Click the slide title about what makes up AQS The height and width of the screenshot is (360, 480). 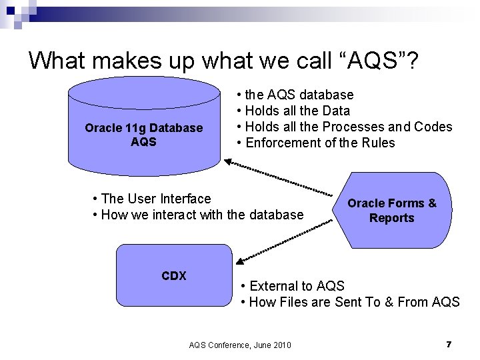click(223, 61)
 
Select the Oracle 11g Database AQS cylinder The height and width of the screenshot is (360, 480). click(144, 133)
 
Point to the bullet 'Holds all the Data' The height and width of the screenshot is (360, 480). click(294, 111)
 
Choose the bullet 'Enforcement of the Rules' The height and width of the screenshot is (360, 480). click(317, 143)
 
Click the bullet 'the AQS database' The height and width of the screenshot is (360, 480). click(296, 95)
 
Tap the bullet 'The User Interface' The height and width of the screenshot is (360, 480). click(153, 199)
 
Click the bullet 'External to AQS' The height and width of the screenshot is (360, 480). click(293, 286)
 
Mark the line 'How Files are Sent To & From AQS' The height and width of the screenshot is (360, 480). click(350, 302)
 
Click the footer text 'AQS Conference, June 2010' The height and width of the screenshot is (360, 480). click(240, 345)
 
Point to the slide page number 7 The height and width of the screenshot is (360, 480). click(449, 344)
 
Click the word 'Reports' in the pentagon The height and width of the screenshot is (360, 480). click(392, 218)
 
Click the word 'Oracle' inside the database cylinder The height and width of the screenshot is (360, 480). click(102, 127)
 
